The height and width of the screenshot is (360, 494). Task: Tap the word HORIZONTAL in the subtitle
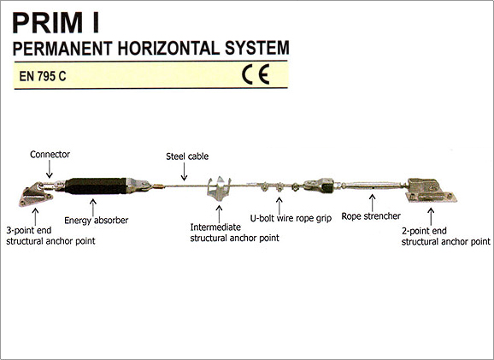point(168,48)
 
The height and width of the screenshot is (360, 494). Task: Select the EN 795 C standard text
point(43,76)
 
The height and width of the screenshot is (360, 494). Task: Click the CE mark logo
point(256,74)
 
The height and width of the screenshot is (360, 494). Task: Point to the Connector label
point(50,155)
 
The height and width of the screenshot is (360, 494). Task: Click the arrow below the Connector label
point(50,169)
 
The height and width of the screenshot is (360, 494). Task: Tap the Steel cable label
point(187,156)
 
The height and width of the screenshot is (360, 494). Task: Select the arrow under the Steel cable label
point(185,172)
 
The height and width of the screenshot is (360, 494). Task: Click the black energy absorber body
point(96,186)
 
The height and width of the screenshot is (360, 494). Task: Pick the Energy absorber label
point(96,220)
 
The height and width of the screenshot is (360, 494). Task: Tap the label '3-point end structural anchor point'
point(50,236)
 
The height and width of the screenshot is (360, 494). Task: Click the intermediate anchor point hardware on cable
point(219,189)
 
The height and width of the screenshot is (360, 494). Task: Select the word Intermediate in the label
point(215,227)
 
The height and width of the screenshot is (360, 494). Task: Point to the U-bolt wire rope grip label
point(291,218)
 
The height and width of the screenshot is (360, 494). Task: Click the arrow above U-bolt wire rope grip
point(279,205)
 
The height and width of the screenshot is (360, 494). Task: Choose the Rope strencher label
point(371,216)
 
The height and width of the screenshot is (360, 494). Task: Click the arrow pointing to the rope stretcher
point(373,203)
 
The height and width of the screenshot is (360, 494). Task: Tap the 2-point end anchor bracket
point(431,191)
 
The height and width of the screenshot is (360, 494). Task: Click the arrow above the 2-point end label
point(431,216)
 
